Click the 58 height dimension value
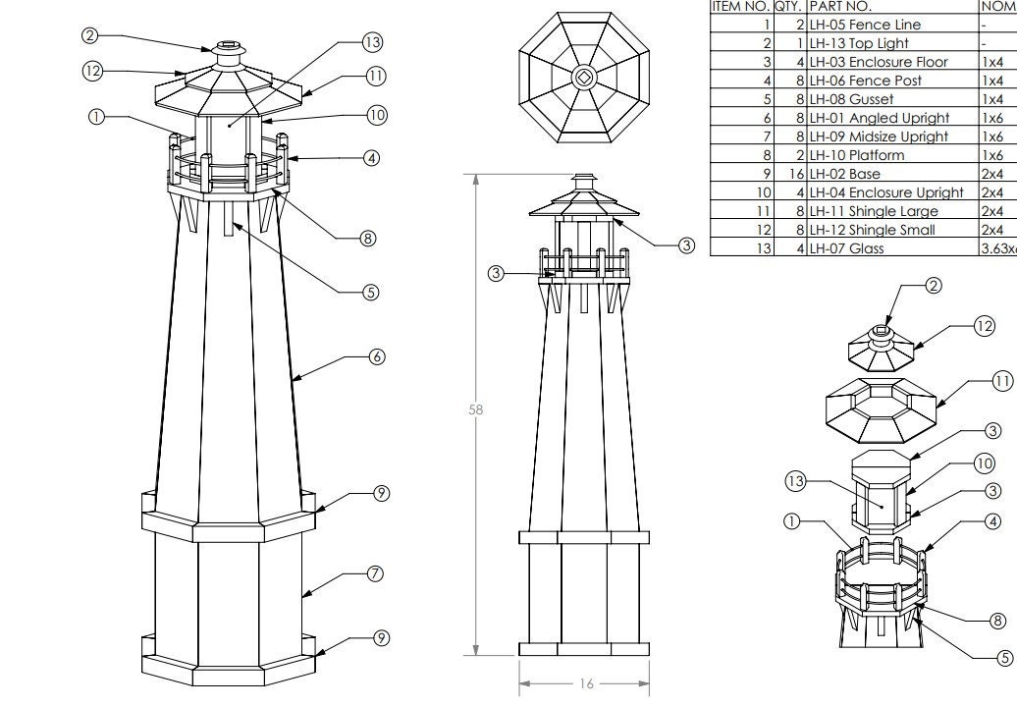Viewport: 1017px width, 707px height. [x=476, y=410]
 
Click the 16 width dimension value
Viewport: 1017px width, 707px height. [x=586, y=683]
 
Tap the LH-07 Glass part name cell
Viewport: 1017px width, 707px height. [x=846, y=248]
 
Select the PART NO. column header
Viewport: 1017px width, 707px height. [x=840, y=6]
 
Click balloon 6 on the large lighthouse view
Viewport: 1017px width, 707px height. [x=377, y=357]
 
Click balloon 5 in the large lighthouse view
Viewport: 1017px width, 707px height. [x=371, y=293]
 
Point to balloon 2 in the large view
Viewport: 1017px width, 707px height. [x=90, y=35]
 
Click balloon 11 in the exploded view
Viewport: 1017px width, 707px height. [x=1002, y=381]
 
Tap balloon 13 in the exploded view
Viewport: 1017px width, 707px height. [x=796, y=481]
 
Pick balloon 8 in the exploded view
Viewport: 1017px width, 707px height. [x=997, y=621]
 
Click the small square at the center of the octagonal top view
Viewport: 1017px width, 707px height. [x=583, y=78]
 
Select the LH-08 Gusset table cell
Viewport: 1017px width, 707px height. [x=851, y=99]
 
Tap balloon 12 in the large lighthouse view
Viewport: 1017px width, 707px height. [x=92, y=71]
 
